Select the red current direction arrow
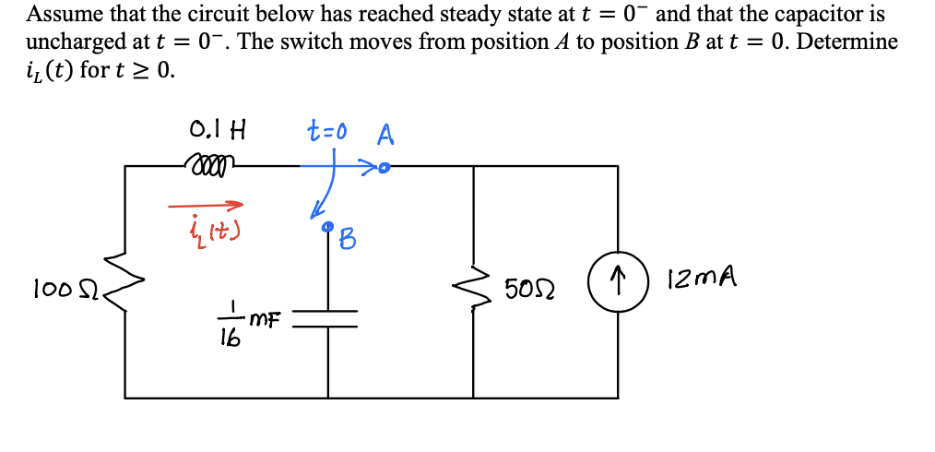coord(207,205)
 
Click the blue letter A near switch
coord(385,136)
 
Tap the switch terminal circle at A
coord(385,169)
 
